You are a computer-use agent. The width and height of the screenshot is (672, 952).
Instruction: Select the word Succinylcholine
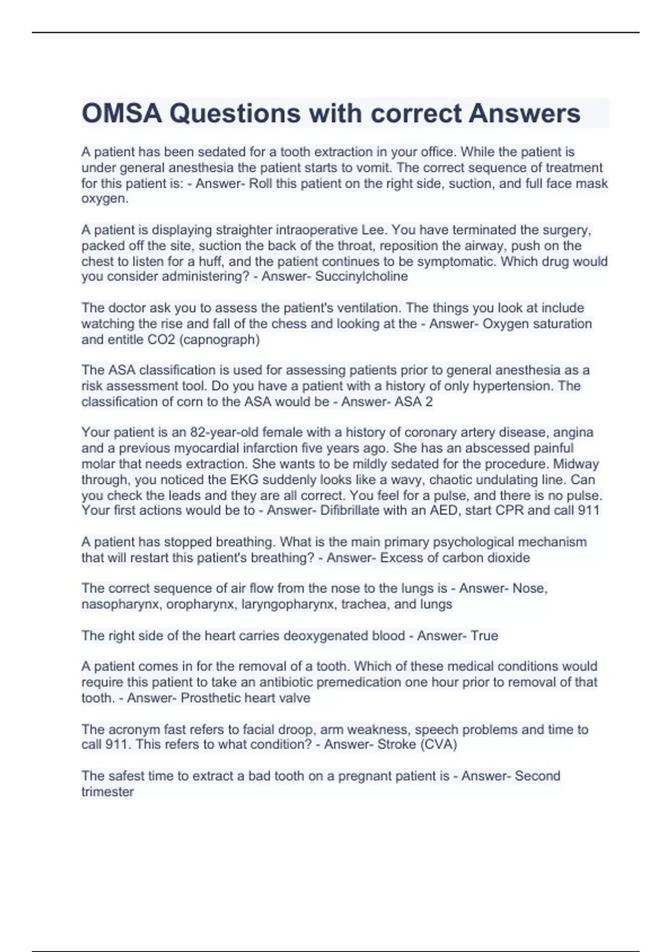pyautogui.click(x=361, y=277)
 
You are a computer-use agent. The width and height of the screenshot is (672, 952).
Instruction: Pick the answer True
pyautogui.click(x=484, y=636)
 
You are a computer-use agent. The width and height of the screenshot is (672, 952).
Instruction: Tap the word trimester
pyautogui.click(x=108, y=792)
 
